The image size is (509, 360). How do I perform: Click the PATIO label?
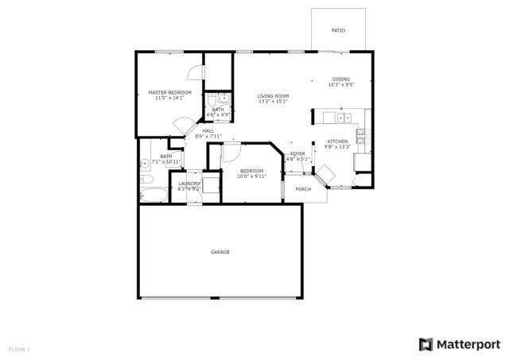(338, 30)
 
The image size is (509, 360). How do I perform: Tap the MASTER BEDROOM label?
(169, 93)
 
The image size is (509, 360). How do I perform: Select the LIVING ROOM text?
(273, 96)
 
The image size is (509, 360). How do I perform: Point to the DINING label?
(341, 79)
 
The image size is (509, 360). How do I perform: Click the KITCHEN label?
(337, 141)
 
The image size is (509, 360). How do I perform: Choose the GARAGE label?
(220, 252)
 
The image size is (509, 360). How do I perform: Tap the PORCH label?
(303, 189)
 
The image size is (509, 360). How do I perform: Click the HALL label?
(208, 131)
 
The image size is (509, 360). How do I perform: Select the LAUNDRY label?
(189, 184)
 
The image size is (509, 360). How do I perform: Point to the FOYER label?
(297, 153)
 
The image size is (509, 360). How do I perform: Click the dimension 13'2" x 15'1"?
(273, 102)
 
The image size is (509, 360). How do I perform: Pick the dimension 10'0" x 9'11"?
(251, 176)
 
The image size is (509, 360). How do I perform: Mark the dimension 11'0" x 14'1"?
(169, 99)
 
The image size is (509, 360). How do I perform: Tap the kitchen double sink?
(344, 118)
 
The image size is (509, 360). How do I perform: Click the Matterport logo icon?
(425, 344)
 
